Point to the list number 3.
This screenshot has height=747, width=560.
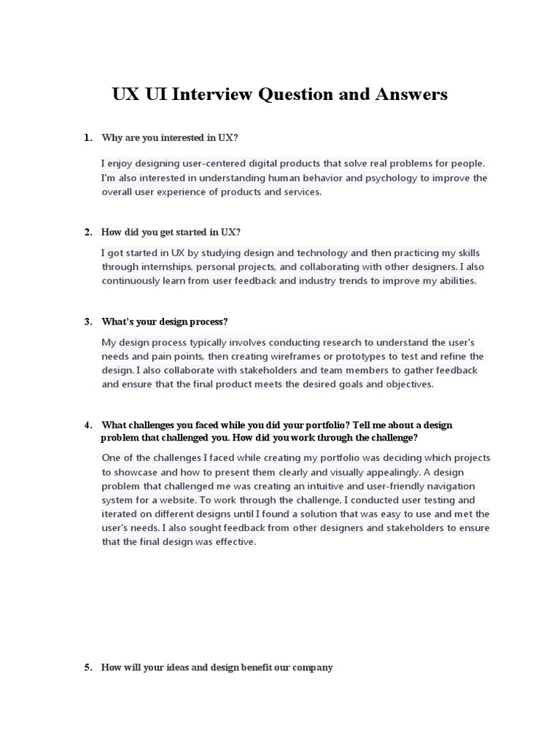tap(87, 322)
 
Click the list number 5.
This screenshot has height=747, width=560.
tap(87, 667)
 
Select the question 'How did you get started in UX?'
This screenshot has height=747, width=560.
tap(171, 232)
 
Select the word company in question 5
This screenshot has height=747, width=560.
tap(313, 667)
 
